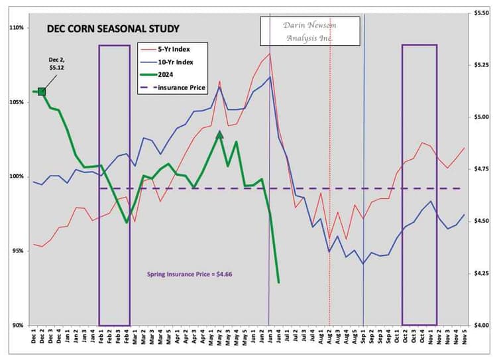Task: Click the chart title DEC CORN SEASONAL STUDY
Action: click(112, 29)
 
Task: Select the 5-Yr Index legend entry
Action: click(175, 50)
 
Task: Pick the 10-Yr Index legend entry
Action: click(176, 62)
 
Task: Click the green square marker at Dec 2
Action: click(42, 91)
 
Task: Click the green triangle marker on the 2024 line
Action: click(219, 134)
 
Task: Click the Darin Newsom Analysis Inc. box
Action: click(310, 31)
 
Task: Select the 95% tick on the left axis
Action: click(18, 251)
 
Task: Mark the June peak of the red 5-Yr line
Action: click(270, 54)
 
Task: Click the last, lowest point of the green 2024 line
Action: click(279, 282)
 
